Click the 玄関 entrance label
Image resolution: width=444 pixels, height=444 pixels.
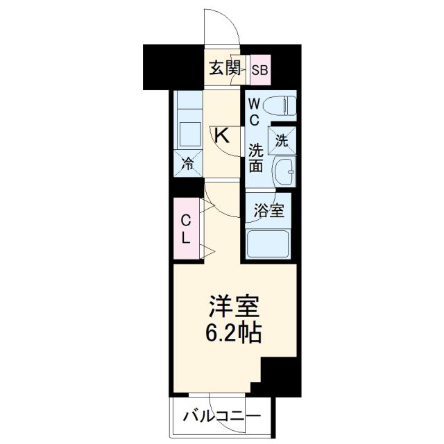click(x=225, y=68)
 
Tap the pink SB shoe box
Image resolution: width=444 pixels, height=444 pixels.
click(x=261, y=69)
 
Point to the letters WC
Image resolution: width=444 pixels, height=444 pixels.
click(x=254, y=111)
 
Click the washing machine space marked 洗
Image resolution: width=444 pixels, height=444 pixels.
click(x=282, y=139)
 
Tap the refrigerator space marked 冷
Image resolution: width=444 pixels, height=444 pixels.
click(x=188, y=164)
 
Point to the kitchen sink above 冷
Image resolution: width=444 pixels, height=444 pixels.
click(x=188, y=132)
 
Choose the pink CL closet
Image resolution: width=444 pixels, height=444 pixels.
click(x=186, y=229)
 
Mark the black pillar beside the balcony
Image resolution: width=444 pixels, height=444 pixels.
click(x=277, y=378)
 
